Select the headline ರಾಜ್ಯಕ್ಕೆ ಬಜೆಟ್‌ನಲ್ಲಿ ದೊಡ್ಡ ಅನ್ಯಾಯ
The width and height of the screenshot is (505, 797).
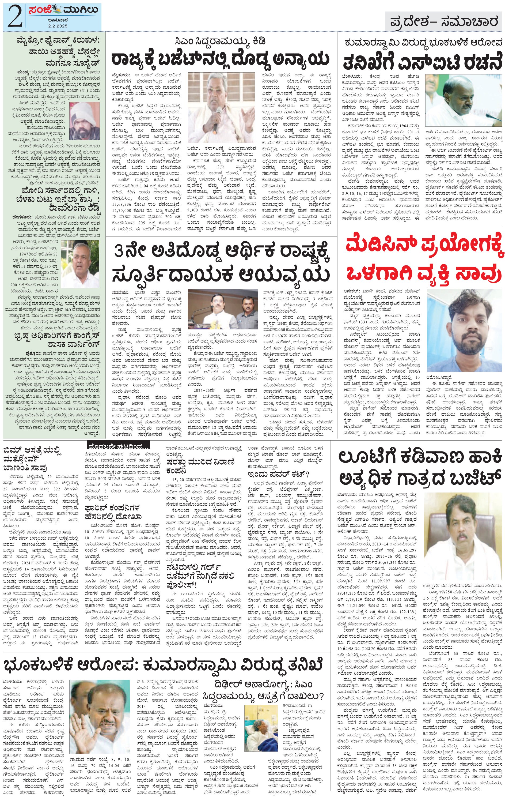[x=220, y=58]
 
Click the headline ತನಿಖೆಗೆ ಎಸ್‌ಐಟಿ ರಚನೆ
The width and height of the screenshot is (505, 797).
[x=420, y=62]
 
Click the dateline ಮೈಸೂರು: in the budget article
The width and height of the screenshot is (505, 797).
[x=119, y=75]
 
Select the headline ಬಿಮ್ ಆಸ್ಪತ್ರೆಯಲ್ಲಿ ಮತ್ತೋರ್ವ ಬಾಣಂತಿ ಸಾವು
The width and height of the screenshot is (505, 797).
[x=33, y=459]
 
